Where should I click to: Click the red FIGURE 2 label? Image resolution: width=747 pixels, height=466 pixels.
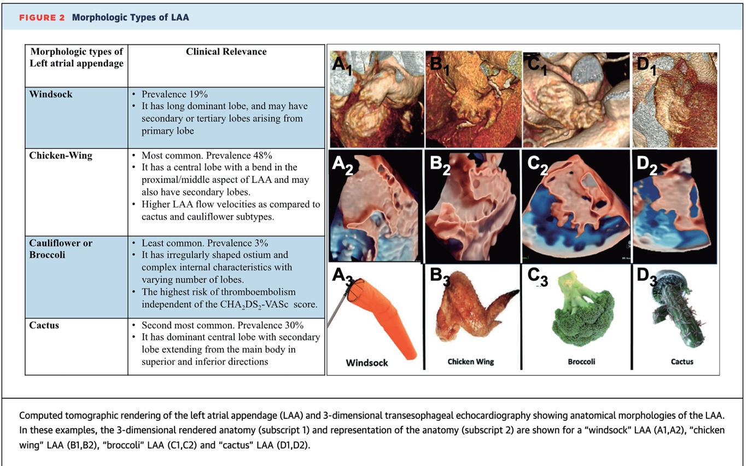click(42, 18)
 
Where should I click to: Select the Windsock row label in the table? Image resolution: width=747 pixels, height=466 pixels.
click(51, 94)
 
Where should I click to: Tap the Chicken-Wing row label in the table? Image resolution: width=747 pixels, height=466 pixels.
click(61, 156)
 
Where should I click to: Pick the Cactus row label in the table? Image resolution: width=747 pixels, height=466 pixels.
click(44, 325)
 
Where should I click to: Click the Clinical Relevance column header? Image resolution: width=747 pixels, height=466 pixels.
click(226, 52)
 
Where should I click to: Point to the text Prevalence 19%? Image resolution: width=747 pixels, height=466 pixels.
click(174, 94)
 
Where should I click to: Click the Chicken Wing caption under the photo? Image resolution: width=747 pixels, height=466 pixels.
click(471, 362)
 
